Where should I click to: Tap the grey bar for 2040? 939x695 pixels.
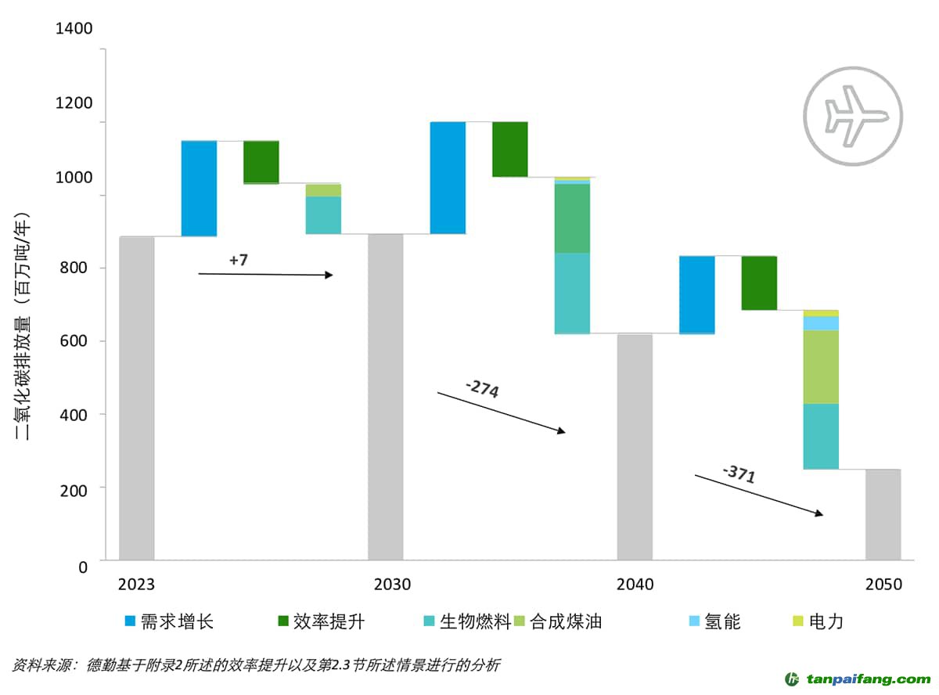click(634, 447)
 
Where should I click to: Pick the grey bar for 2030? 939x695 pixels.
click(385, 397)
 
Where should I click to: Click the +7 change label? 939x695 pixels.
click(239, 260)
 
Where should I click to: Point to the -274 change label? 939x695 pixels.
click(481, 388)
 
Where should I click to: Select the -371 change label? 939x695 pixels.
click(739, 473)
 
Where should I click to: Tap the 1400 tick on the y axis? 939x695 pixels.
click(74, 29)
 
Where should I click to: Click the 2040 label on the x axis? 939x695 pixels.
click(635, 585)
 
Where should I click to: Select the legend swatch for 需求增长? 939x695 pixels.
click(131, 621)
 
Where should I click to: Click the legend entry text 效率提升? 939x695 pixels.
click(329, 622)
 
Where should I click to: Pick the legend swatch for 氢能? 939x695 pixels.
click(694, 621)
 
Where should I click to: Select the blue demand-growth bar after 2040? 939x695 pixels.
click(696, 294)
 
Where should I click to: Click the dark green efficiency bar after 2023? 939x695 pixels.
click(261, 162)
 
